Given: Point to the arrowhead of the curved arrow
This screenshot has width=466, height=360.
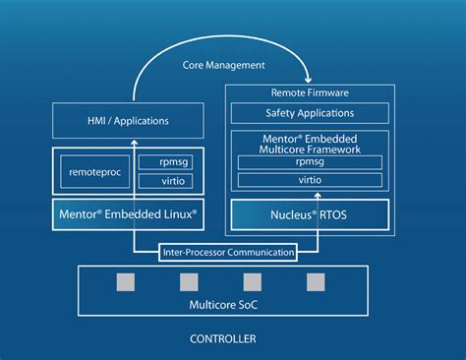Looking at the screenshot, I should [x=309, y=79].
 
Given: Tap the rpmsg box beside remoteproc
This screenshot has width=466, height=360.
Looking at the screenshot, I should [x=157, y=162].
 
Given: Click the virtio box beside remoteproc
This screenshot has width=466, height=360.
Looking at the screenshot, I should [x=157, y=181].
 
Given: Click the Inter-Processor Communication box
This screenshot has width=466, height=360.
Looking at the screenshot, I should [x=227, y=253].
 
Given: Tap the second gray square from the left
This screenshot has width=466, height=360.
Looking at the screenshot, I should [x=189, y=283].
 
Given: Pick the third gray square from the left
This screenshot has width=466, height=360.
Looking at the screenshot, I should [x=252, y=283].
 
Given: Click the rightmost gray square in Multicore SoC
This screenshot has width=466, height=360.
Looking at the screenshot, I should [x=315, y=283].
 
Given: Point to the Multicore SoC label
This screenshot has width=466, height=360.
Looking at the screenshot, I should [x=223, y=307].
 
